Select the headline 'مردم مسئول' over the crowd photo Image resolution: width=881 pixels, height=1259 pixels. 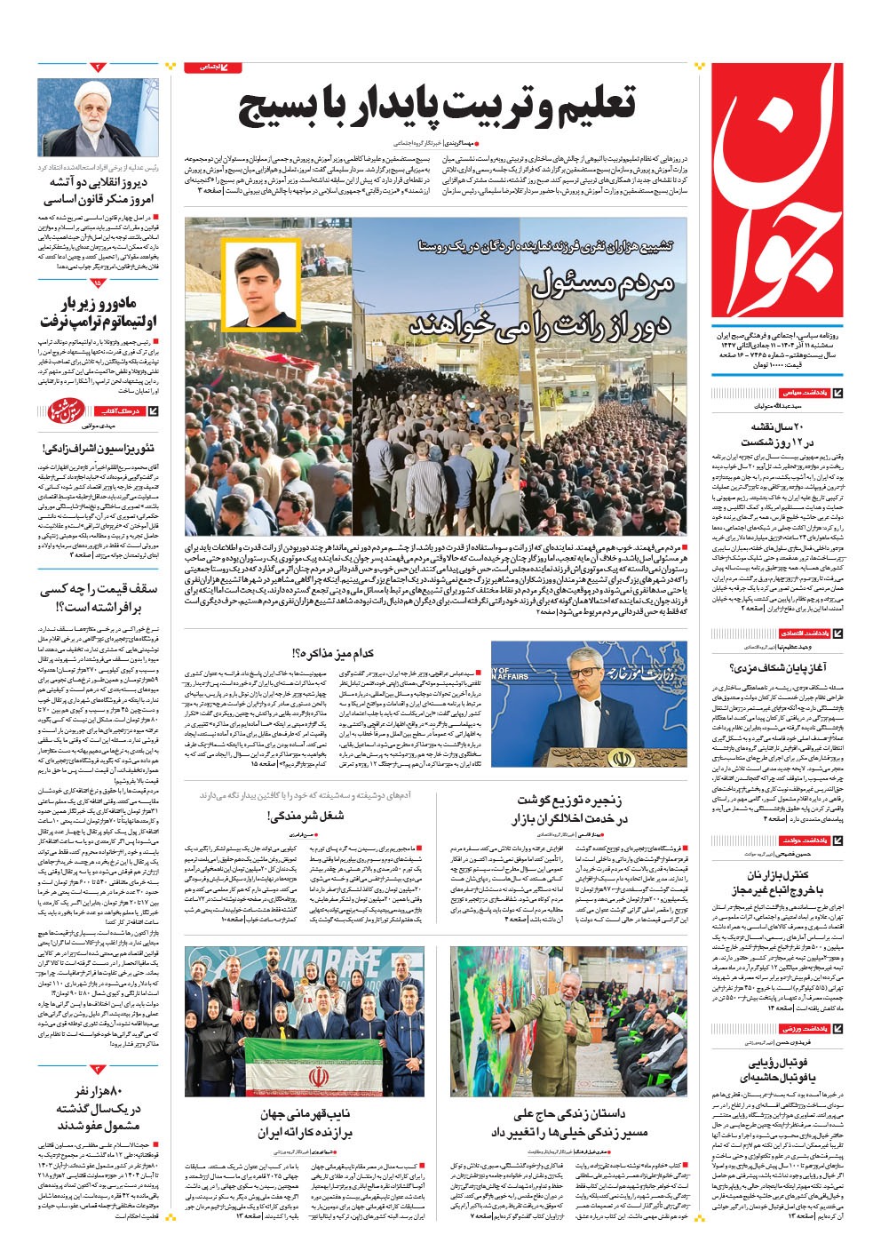(x=604, y=285)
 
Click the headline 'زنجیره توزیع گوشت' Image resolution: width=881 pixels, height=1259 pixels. (x=569, y=801)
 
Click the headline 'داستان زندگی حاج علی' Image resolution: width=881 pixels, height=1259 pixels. (x=569, y=1114)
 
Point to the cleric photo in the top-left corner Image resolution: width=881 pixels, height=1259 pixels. (x=98, y=116)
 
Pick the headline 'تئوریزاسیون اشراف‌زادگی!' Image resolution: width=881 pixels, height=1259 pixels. (x=99, y=448)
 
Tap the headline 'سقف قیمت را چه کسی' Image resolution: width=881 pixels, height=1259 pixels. (x=99, y=589)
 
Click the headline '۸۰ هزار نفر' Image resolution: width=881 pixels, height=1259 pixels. (x=99, y=1091)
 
